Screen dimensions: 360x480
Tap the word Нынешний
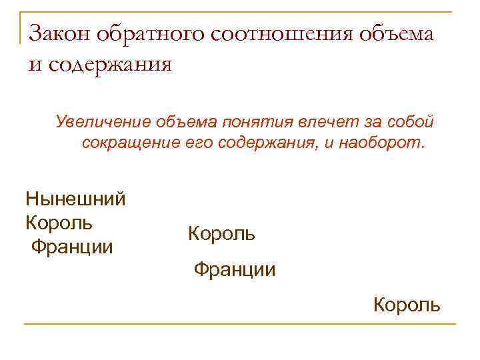point(75,199)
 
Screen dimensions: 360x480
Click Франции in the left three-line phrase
point(72,247)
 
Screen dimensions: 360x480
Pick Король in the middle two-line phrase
point(221,234)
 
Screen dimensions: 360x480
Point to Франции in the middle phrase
point(234,270)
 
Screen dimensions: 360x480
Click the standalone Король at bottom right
point(406,305)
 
